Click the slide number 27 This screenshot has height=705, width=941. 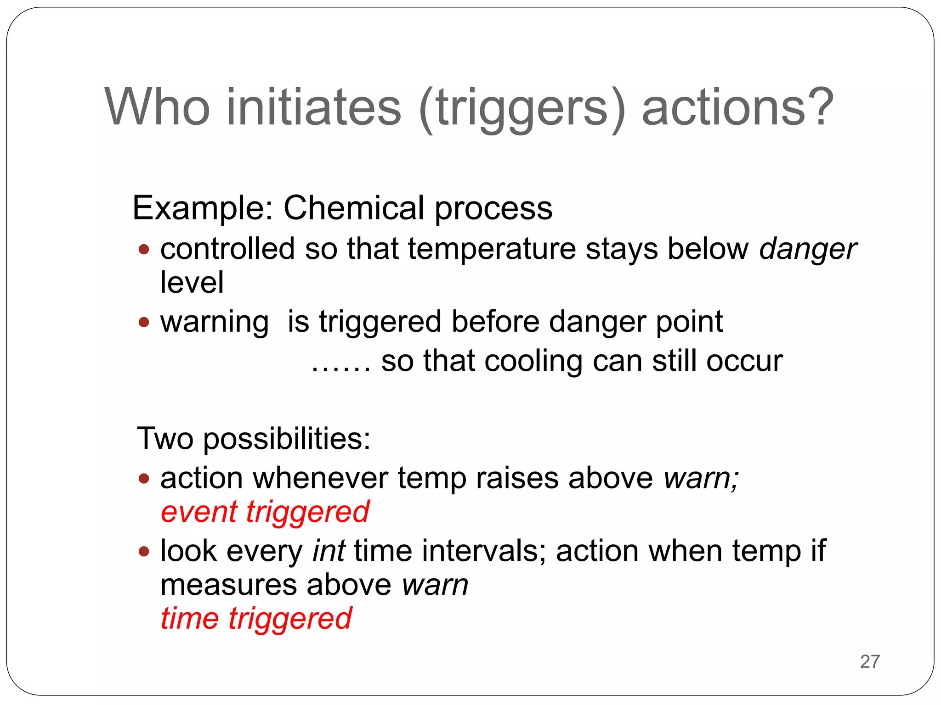pyautogui.click(x=870, y=661)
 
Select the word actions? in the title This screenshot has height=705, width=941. pyautogui.click(x=737, y=107)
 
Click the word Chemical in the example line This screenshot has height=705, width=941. pyautogui.click(x=354, y=208)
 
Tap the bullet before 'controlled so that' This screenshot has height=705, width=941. pyautogui.click(x=144, y=250)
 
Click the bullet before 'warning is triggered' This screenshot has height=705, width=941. pyautogui.click(x=144, y=322)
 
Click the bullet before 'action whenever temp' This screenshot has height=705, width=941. pyautogui.click(x=144, y=479)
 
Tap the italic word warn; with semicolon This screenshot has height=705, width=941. pyautogui.click(x=701, y=479)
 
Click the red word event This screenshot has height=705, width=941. pyautogui.click(x=199, y=512)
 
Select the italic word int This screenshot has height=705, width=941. pyautogui.click(x=329, y=550)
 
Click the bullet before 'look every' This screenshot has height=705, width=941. pyautogui.click(x=144, y=551)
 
